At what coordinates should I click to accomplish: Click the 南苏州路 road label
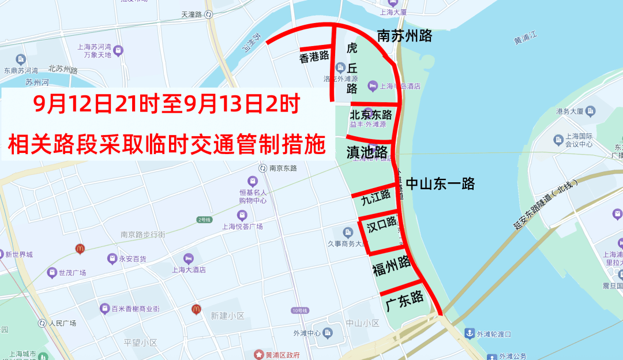[404, 36]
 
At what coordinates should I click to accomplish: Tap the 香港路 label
[314, 57]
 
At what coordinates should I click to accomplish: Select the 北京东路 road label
[371, 115]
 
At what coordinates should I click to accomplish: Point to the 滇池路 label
[367, 152]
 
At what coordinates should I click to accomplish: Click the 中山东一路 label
[440, 183]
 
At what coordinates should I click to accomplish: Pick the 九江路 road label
[376, 199]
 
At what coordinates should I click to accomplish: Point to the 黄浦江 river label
[526, 39]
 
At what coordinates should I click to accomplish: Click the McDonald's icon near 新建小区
[197, 310]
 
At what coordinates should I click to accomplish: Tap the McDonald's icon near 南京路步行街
[80, 249]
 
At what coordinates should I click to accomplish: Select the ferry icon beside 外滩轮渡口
[470, 333]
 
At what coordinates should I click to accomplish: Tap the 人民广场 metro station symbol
[42, 323]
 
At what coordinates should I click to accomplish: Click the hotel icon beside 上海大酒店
[188, 258]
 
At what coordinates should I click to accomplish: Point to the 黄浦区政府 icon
[259, 354]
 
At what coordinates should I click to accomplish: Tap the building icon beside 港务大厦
[590, 110]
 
